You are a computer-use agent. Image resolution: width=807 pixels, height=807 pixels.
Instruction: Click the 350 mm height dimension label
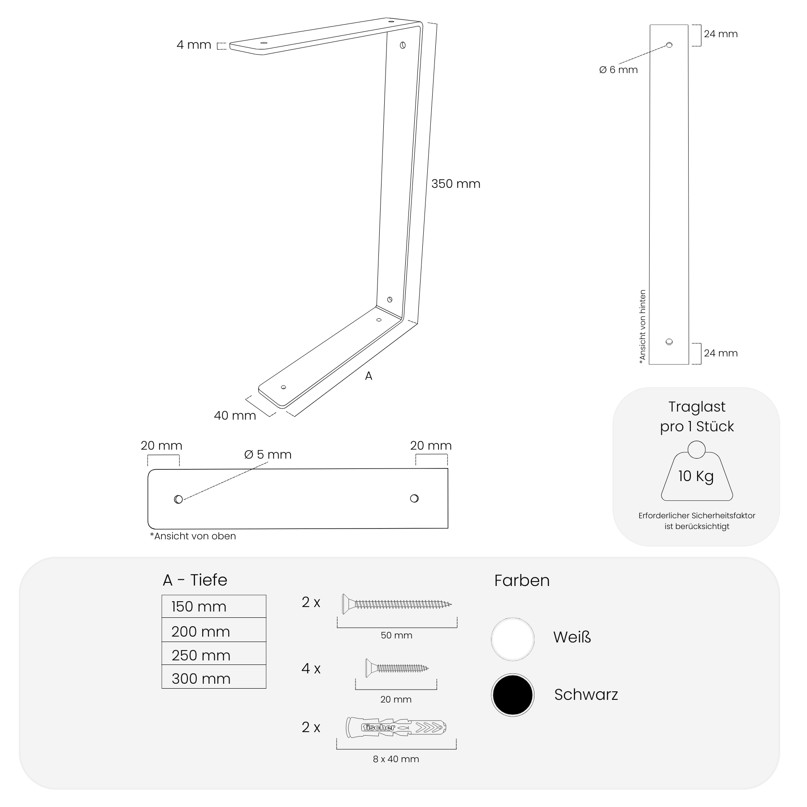pos(456,184)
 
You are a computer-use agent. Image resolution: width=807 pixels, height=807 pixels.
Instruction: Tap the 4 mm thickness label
pos(194,45)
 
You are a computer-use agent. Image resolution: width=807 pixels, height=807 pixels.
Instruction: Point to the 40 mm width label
pos(235,416)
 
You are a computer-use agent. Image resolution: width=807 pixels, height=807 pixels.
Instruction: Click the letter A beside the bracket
pos(369,376)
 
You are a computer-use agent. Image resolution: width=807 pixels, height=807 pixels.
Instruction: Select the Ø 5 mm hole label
pos(268,455)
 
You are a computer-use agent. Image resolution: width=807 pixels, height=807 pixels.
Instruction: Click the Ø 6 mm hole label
pos(618,70)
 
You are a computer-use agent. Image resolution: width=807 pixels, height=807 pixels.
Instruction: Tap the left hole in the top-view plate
pos(178,499)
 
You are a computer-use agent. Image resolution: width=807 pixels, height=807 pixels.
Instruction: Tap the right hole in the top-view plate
pos(414,498)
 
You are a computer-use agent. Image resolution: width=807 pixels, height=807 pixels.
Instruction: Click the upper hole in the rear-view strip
pos(669,45)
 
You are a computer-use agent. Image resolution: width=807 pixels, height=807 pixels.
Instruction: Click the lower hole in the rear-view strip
pos(669,342)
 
